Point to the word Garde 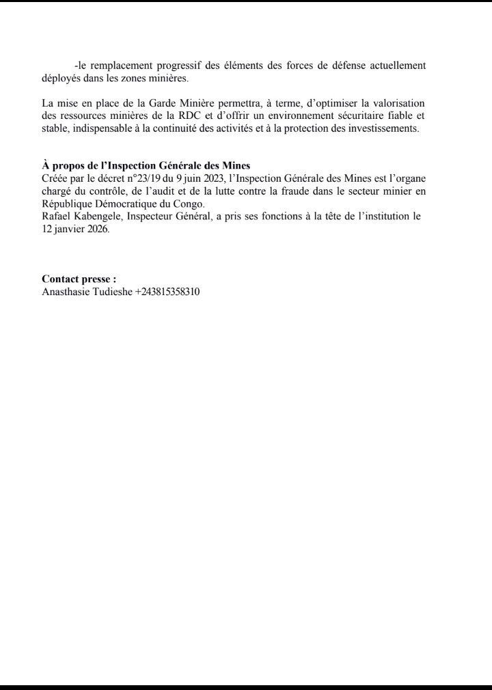(x=141, y=103)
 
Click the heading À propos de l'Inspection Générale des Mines (x=146, y=166)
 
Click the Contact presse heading (x=79, y=279)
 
